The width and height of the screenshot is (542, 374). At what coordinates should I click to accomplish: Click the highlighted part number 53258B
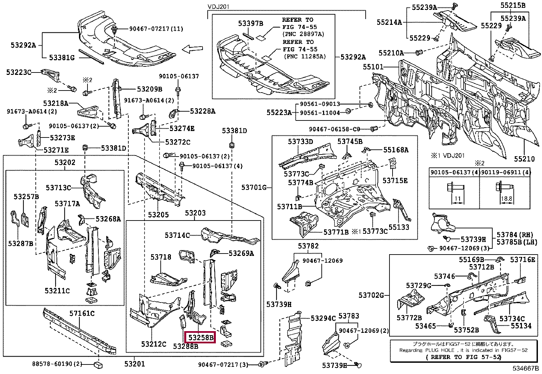[201, 337]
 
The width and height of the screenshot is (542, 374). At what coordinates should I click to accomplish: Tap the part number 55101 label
[373, 67]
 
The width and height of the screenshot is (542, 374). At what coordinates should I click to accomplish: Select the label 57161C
[82, 313]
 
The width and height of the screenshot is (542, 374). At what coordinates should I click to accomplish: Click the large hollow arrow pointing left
[192, 50]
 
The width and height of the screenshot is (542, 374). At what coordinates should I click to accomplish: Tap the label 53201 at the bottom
[134, 364]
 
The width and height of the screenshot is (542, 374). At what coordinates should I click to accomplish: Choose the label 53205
[158, 215]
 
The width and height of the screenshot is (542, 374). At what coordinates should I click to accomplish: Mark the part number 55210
[525, 159]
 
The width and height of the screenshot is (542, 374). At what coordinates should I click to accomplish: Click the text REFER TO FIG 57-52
[463, 357]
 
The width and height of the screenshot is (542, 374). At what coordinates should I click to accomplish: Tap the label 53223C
[19, 72]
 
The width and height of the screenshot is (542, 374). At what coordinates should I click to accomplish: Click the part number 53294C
[323, 318]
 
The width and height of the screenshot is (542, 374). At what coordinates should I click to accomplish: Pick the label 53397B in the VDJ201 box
[251, 23]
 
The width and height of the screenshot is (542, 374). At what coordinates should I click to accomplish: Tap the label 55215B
[513, 5]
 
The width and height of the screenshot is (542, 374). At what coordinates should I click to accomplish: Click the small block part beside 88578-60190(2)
[98, 365]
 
